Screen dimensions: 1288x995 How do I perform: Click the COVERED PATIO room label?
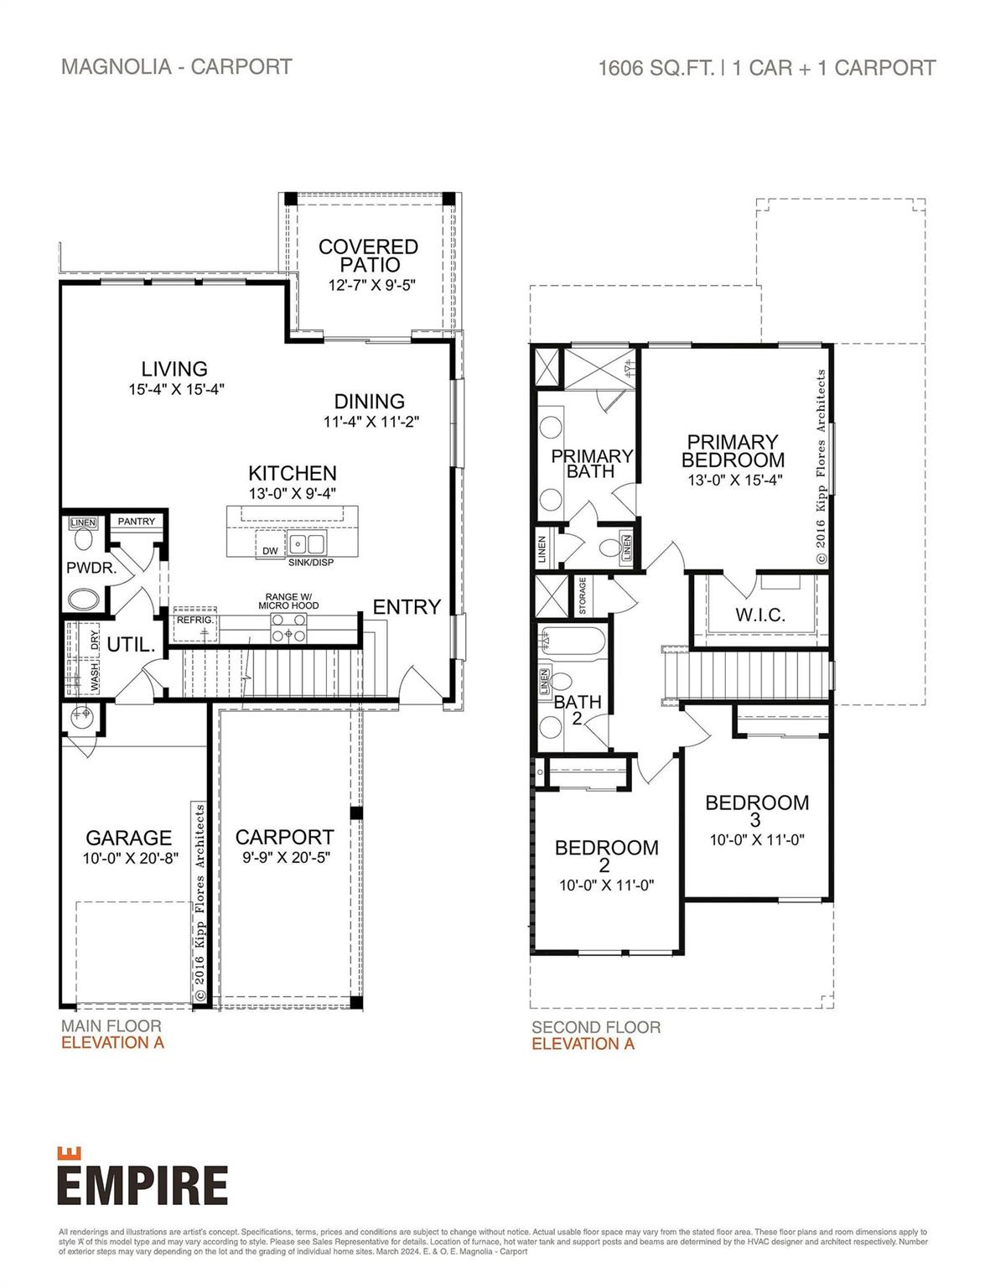coord(368,255)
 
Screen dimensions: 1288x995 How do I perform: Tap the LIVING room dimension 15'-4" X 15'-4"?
coord(176,389)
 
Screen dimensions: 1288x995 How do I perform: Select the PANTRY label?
coord(137,522)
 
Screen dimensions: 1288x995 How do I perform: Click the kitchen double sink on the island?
coord(307,543)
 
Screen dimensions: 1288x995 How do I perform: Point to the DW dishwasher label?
coord(270,551)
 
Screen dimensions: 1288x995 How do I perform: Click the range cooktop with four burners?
coord(288,626)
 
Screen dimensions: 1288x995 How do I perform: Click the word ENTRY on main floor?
coord(407,607)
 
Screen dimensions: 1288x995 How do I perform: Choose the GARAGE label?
coord(128,838)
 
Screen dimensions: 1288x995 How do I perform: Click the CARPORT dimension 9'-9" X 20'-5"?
coord(284,858)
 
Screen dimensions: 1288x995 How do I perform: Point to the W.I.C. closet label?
coord(760,615)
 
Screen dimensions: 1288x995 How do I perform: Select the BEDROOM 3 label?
coord(757,810)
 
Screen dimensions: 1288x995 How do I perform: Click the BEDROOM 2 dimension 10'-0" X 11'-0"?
coord(606,885)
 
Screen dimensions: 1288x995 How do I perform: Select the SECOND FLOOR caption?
coord(595,1027)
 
